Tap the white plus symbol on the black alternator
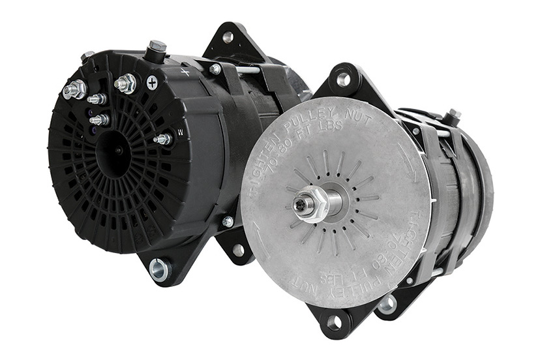[x=152, y=82]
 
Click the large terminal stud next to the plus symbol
[x=125, y=83]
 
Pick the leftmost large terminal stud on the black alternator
[x=73, y=89]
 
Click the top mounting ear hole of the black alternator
[x=227, y=37]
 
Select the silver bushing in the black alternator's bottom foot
[x=158, y=267]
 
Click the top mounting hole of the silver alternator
[x=343, y=80]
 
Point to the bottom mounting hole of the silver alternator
[x=334, y=322]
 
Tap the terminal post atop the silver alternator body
[x=451, y=117]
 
